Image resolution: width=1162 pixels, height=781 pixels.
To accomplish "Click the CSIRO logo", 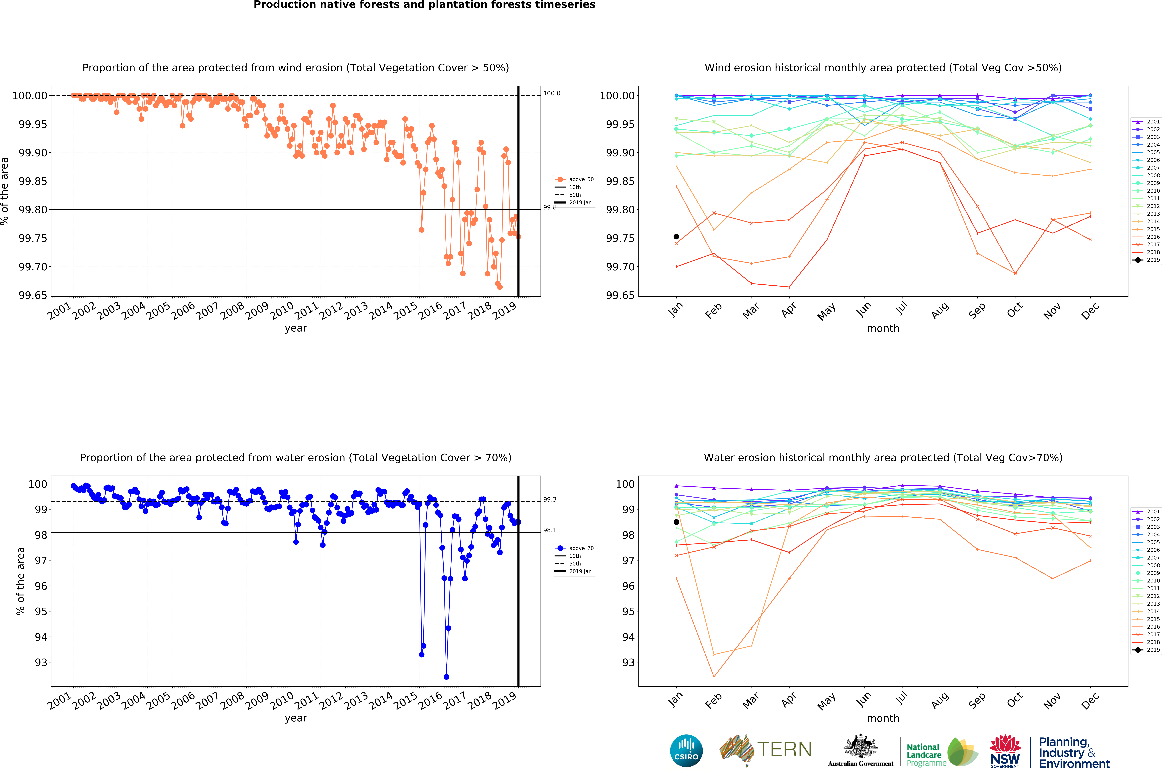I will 686,751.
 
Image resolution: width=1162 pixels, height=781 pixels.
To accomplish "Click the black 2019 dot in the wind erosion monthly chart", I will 676,237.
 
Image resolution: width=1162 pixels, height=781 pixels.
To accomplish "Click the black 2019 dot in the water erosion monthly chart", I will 676,522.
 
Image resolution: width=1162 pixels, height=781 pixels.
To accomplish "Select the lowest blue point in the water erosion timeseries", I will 446,677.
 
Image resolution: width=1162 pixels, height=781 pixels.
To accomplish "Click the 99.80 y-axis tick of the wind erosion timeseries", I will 33,210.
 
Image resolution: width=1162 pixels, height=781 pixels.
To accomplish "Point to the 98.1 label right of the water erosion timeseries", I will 550,530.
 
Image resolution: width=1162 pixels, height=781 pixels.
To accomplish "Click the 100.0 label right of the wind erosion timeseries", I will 551,93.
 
